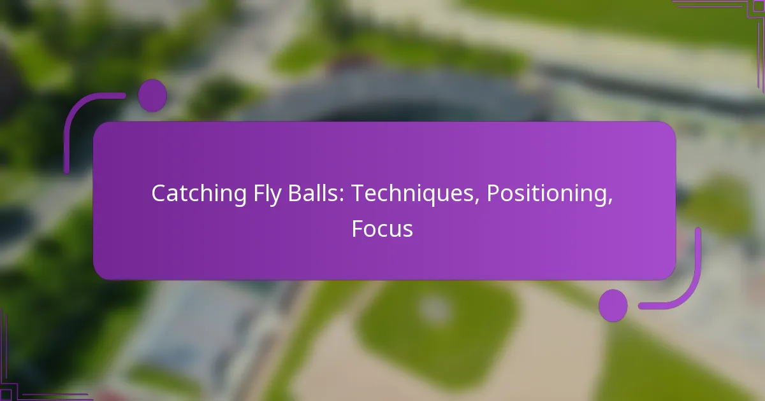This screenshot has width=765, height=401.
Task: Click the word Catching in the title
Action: pos(192,194)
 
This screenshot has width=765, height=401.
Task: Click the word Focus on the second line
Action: pos(382,229)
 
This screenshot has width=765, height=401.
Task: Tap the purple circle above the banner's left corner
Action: pos(152,95)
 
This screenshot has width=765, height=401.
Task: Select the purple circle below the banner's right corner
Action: pos(613,306)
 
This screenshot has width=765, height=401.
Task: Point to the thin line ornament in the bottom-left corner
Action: pos(25,382)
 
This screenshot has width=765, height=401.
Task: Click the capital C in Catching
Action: pos(158,194)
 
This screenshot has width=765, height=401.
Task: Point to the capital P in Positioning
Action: pos(493,194)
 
